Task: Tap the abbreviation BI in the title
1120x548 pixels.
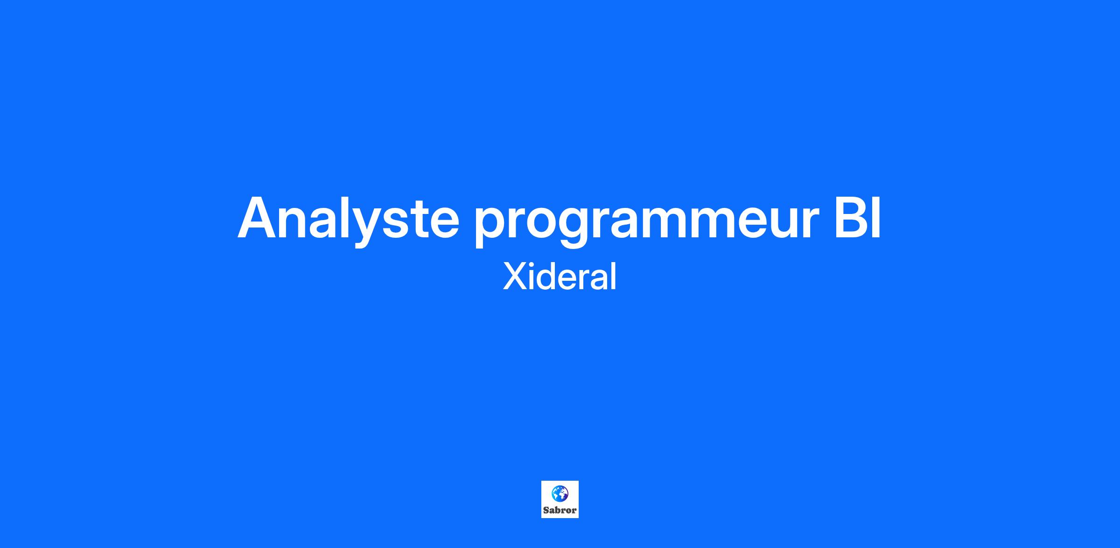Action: tap(858, 218)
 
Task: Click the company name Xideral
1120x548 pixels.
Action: tap(560, 277)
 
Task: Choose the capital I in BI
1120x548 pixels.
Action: tap(877, 218)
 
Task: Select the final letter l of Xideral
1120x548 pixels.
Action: tap(614, 277)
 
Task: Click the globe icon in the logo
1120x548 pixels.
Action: tap(560, 493)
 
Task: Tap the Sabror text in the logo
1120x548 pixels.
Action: tap(560, 510)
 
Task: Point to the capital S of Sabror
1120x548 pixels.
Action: tap(546, 510)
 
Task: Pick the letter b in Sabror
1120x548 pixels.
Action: tap(557, 510)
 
